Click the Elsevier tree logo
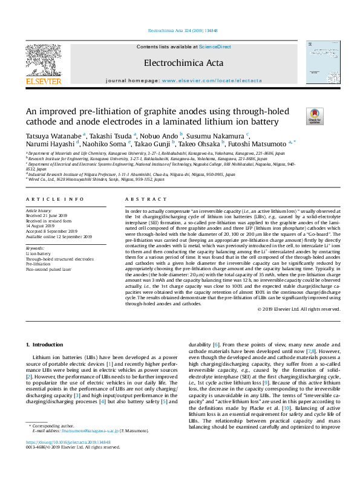(43, 60)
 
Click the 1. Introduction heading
(45, 344)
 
